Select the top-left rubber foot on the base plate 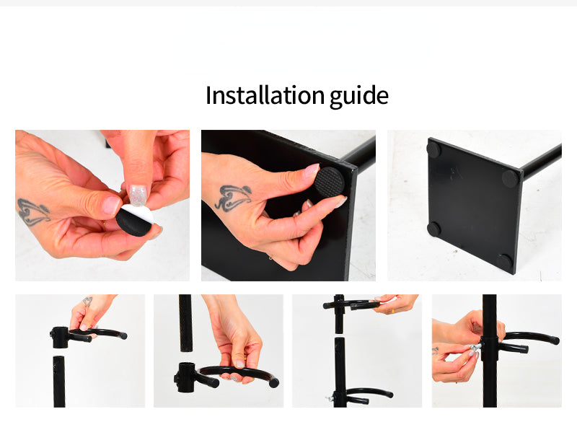(433, 149)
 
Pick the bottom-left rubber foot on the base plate (433, 229)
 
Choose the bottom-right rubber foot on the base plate (503, 261)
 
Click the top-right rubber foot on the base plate (510, 177)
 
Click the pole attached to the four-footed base (541, 161)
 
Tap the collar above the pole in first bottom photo (61, 337)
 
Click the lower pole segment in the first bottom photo (59, 381)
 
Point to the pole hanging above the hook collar (185, 323)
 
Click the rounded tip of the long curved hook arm (273, 382)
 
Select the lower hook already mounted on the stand (364, 395)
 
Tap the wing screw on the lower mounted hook (330, 397)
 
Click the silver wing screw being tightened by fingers (475, 349)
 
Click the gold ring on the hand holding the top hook (392, 311)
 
